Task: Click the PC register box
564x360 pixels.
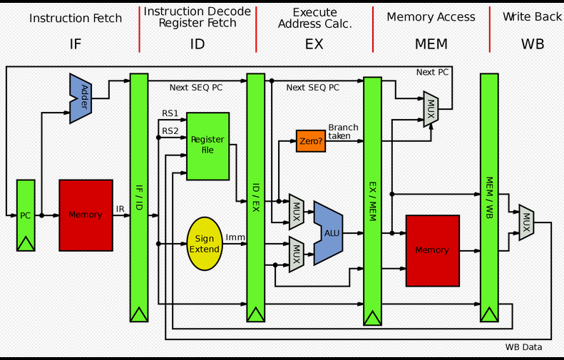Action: [26, 215]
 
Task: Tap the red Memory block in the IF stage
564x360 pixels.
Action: [86, 215]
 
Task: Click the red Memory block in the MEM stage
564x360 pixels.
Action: [432, 250]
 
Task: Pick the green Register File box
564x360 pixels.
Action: [207, 145]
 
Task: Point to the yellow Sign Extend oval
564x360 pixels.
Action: [205, 244]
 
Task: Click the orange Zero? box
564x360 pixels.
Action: [311, 140]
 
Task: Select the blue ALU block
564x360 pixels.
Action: [329, 232]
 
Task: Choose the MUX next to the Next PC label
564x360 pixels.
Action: [431, 108]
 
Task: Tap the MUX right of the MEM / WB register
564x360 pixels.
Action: [526, 222]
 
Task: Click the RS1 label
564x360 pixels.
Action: [170, 113]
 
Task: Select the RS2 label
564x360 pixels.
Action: [170, 130]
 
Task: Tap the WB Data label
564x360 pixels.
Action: [523, 347]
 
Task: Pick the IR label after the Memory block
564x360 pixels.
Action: [121, 209]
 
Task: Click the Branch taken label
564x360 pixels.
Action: [343, 131]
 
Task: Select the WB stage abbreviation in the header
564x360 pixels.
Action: [533, 44]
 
